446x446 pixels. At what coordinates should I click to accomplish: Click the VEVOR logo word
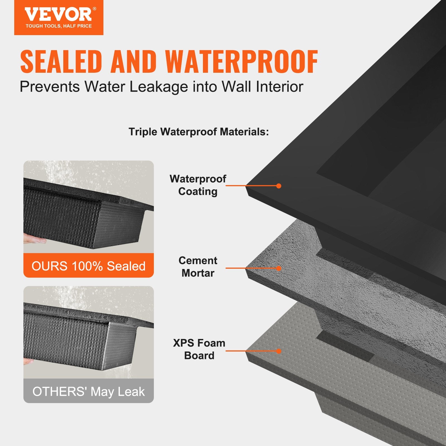[58, 14]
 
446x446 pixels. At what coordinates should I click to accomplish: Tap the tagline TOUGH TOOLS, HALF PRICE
[59, 26]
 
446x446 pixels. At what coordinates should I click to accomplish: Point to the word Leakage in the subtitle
[159, 87]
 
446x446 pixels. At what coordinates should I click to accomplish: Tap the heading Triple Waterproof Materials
[199, 132]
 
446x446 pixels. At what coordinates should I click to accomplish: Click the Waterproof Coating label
[198, 185]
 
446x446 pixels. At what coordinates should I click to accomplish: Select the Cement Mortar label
[198, 267]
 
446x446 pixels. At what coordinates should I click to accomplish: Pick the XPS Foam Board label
[199, 349]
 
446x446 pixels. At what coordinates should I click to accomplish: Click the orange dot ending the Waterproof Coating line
[279, 186]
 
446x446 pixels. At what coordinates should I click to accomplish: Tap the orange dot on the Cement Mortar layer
[279, 268]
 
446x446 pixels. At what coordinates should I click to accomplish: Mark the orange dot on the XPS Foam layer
[279, 351]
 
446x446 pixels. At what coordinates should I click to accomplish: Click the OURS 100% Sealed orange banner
[89, 266]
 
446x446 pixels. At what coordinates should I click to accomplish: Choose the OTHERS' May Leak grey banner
[89, 391]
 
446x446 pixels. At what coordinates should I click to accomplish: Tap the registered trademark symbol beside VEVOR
[94, 9]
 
